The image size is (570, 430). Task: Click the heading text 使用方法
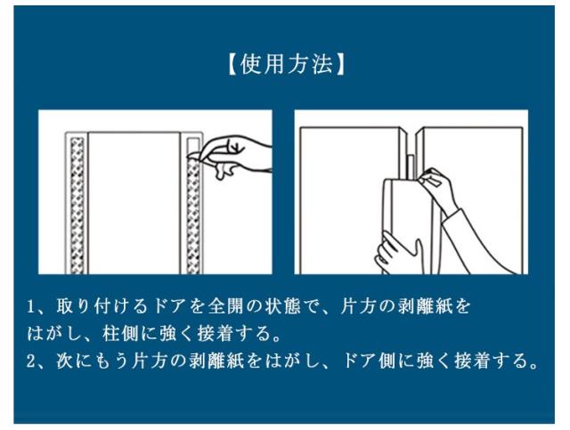pos(287,65)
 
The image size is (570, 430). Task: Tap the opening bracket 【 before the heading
pos(232,65)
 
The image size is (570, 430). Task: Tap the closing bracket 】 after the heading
pos(339,65)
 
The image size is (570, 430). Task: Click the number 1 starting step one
pos(31,307)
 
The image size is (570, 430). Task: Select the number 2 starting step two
pos(31,361)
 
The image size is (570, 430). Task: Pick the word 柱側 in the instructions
pos(118,334)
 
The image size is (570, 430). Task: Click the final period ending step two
pos(533,365)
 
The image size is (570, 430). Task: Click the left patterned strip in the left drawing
pos(77,206)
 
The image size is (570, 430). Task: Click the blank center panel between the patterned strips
pos(134,203)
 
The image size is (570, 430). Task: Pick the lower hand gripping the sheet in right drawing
pos(398,254)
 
